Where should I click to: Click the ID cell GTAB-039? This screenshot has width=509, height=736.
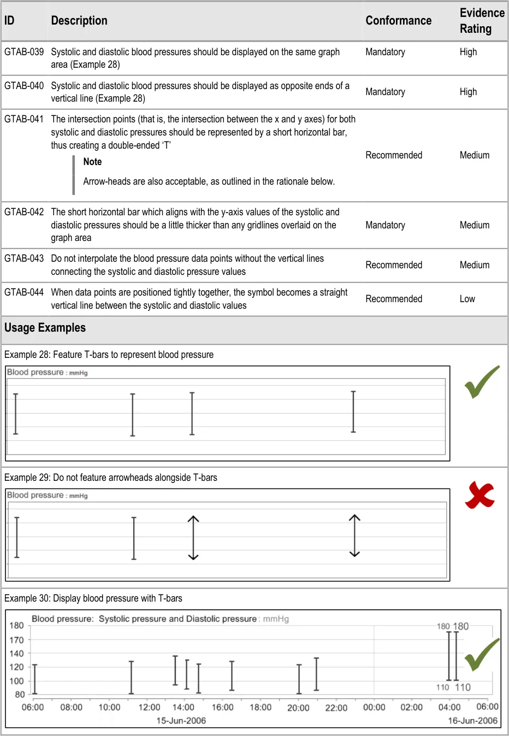click(x=24, y=52)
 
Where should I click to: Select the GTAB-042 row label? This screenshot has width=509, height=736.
click(x=24, y=212)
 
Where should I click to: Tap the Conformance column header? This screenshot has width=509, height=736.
click(x=398, y=21)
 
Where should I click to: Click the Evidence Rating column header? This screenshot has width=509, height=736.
click(x=482, y=21)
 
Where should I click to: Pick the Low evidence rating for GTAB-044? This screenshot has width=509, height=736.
click(x=467, y=299)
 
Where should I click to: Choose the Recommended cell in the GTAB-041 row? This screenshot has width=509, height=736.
click(x=394, y=155)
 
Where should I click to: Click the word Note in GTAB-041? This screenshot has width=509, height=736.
click(x=92, y=162)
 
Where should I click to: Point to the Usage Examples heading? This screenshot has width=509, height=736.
click(x=45, y=328)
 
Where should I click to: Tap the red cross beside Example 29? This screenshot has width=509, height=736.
click(x=480, y=495)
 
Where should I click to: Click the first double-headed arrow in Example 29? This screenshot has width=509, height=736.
click(x=193, y=538)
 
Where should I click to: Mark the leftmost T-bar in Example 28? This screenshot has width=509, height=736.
click(x=16, y=414)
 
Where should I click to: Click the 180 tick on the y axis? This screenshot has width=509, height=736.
click(x=17, y=626)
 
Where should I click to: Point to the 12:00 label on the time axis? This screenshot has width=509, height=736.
click(x=149, y=708)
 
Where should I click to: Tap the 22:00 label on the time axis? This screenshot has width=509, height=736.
click(x=336, y=708)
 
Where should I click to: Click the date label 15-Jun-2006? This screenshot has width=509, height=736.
click(x=181, y=721)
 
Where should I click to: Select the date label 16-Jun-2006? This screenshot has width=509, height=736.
click(x=472, y=721)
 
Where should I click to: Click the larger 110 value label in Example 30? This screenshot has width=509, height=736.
click(x=463, y=687)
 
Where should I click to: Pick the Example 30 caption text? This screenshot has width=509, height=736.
click(x=93, y=598)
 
